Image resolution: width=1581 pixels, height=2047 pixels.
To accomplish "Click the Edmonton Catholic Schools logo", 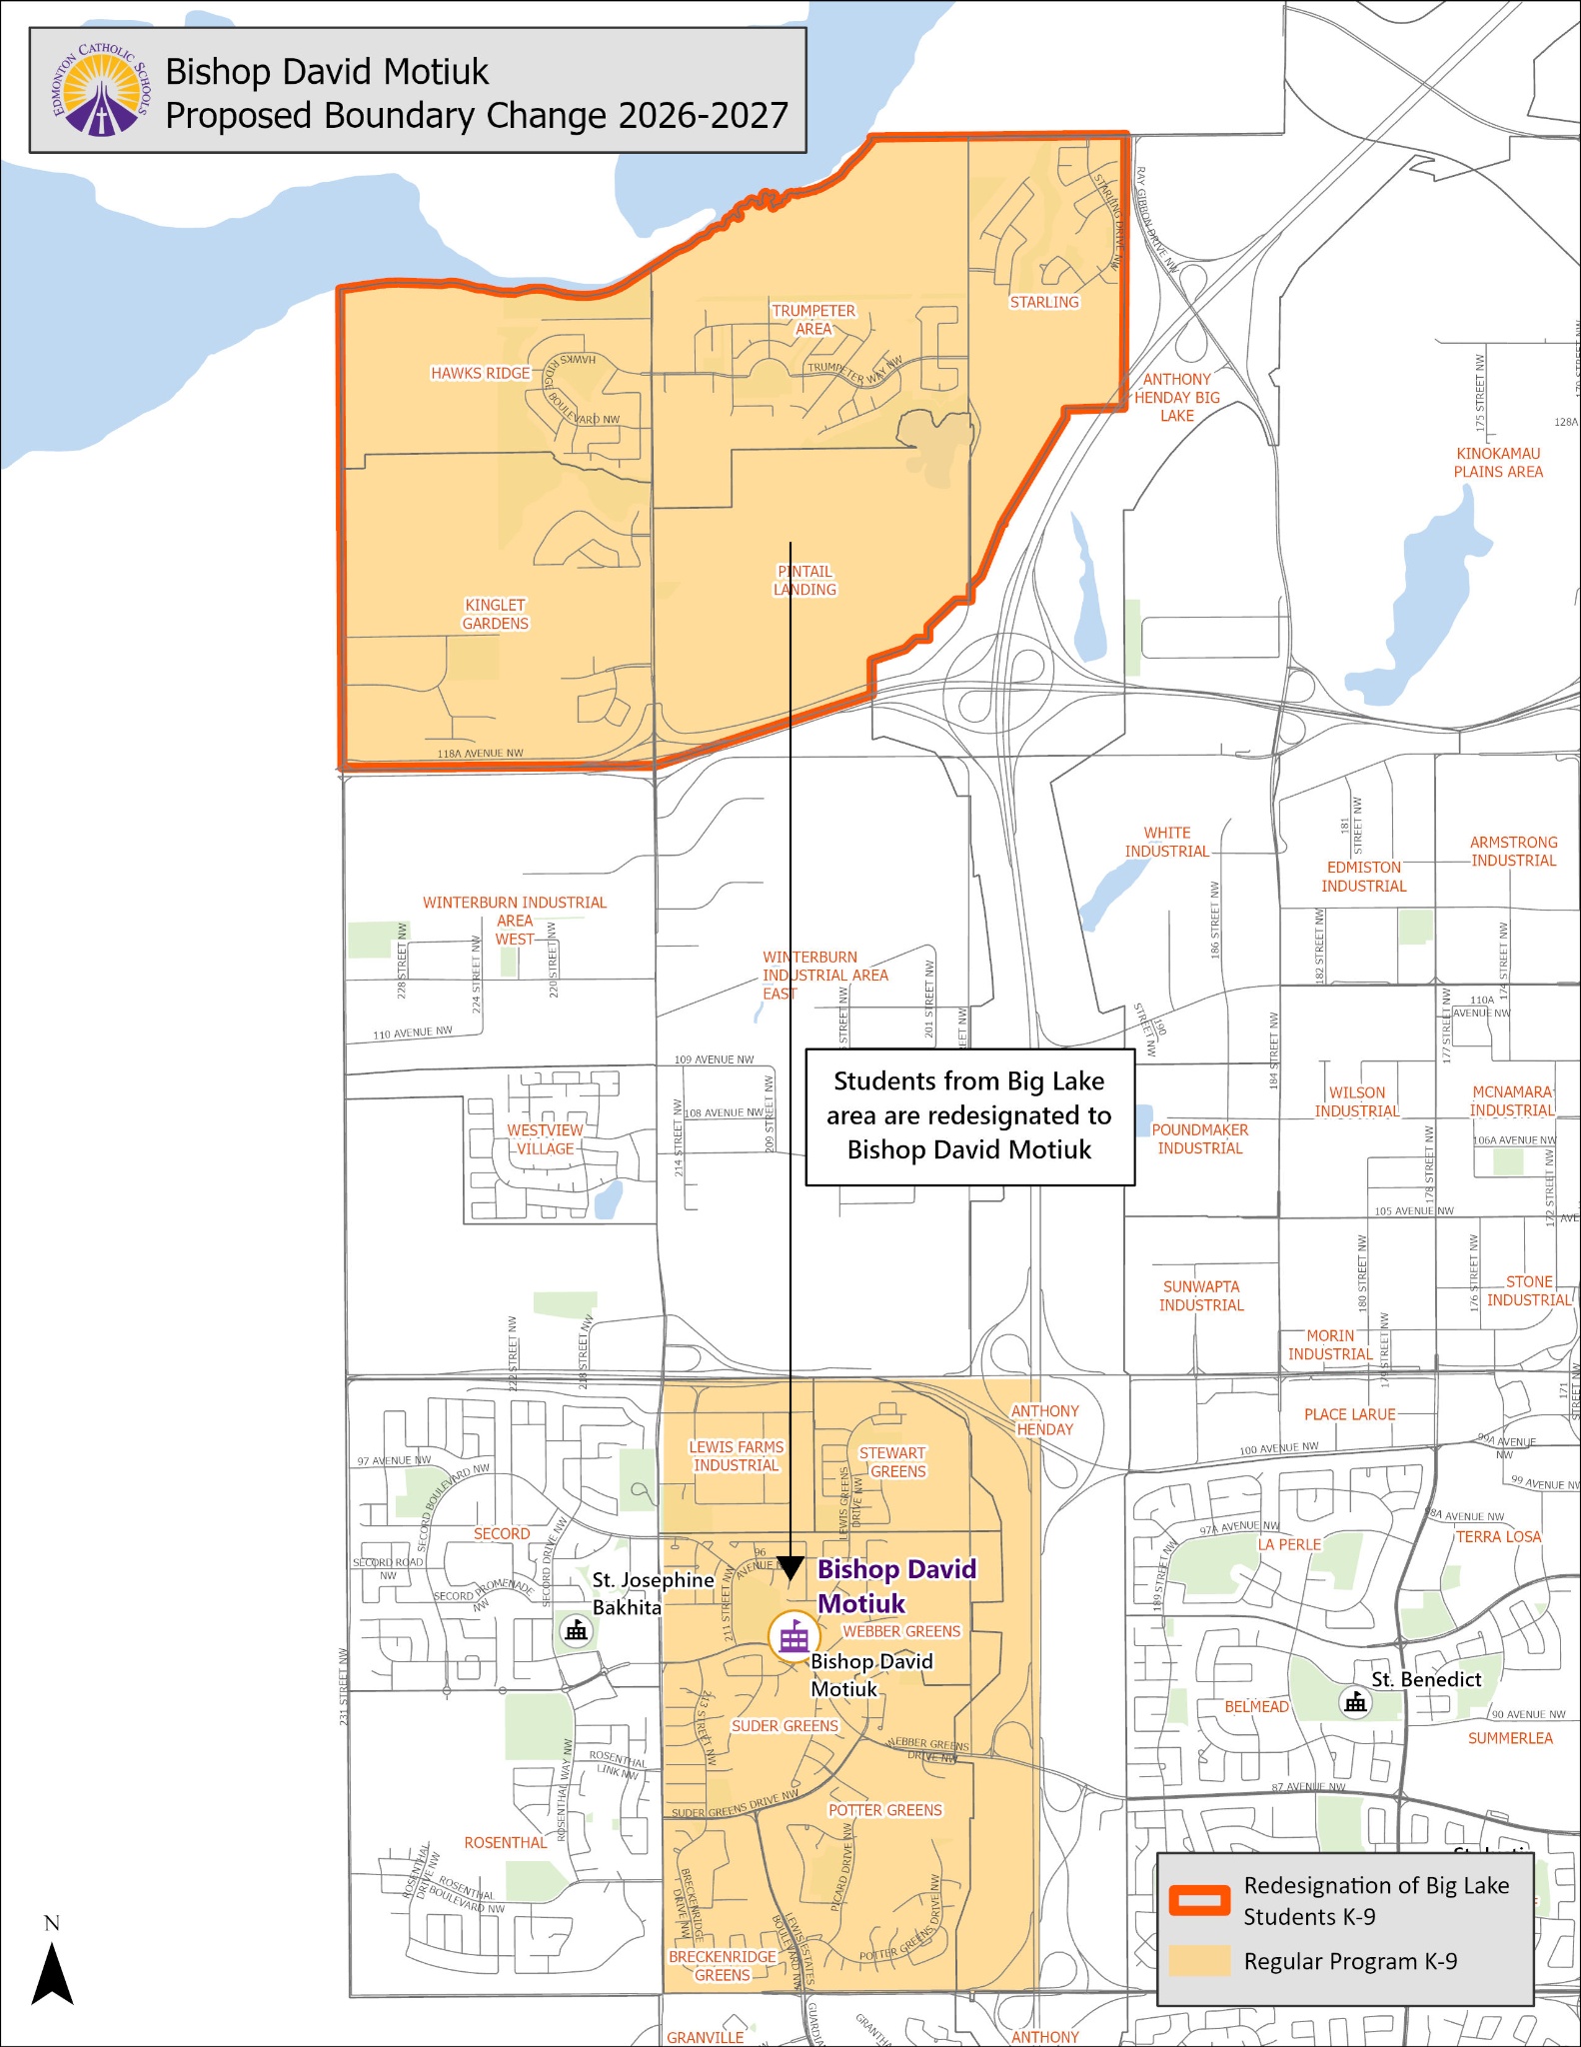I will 100,91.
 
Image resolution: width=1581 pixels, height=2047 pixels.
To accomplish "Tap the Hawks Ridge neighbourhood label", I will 480,373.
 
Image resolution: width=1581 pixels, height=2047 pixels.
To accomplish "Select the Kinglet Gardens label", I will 495,614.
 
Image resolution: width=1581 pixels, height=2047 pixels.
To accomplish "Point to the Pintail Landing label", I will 804,580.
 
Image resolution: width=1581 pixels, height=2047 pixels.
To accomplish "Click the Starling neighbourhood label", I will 1044,302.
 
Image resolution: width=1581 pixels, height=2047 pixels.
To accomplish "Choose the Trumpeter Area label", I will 813,320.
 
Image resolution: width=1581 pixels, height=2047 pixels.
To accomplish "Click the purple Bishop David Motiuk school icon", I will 793,1636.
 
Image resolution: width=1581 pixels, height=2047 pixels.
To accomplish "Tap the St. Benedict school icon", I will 1355,1700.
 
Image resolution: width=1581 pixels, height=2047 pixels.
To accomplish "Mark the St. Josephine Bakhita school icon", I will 576,1630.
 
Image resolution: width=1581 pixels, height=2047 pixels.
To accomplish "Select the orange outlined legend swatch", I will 1199,1900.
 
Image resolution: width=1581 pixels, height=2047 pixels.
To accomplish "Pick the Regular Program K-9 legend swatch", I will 1199,1961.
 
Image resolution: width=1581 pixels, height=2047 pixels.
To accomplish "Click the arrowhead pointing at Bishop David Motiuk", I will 790,1569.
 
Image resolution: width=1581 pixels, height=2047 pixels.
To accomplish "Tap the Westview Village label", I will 545,1139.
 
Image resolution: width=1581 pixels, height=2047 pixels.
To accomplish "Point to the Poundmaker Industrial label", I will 1199,1138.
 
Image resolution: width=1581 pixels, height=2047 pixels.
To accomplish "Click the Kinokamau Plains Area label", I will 1497,462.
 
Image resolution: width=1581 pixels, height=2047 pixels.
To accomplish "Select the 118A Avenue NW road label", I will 480,754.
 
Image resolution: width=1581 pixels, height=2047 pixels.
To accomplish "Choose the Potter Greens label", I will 884,1810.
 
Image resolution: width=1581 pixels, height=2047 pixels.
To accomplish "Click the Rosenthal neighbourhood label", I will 505,1842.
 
